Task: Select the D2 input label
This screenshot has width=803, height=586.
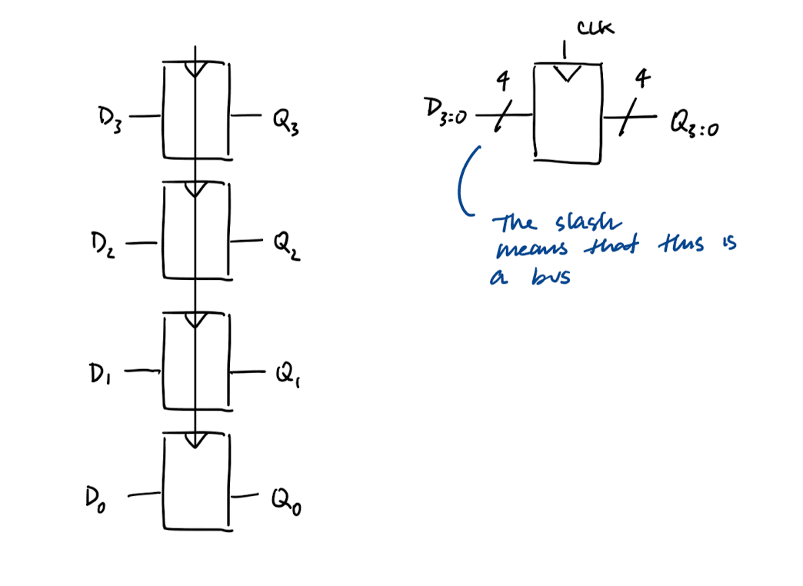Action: click(102, 247)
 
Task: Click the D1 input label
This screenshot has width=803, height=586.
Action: click(101, 376)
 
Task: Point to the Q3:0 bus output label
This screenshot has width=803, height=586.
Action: click(695, 123)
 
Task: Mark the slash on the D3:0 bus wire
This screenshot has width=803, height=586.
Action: click(502, 117)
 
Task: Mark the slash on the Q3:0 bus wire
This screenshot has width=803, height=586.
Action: click(628, 118)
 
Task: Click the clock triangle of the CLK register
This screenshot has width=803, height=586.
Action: click(568, 73)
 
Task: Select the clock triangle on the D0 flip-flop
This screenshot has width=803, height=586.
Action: click(196, 440)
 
